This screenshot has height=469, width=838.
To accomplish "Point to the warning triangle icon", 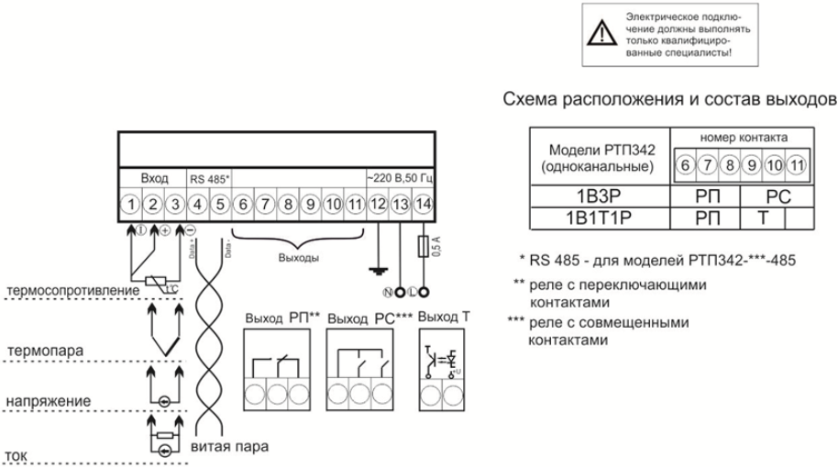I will [601, 34].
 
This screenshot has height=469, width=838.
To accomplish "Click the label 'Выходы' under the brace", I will [299, 258].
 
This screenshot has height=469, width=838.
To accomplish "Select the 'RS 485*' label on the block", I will [210, 177].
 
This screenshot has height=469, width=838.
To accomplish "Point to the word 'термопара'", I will [40, 352].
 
